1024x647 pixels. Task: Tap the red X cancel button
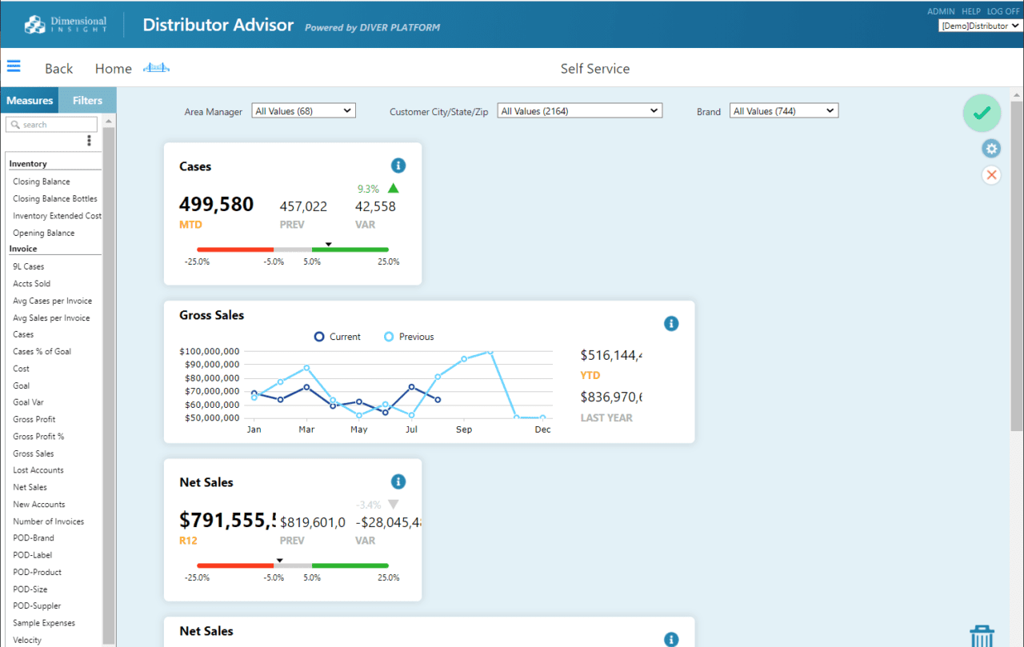click(991, 175)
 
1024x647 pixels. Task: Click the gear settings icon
click(991, 148)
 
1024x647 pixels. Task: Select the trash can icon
click(982, 637)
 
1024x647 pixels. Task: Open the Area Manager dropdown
click(303, 111)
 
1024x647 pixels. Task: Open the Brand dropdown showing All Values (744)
click(783, 111)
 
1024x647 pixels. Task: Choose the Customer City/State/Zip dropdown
click(579, 111)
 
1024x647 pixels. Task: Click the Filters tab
click(87, 101)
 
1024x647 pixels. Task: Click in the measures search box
click(53, 125)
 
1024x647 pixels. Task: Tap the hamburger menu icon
click(14, 67)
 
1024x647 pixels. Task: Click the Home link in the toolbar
click(113, 69)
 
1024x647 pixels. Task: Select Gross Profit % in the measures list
click(38, 437)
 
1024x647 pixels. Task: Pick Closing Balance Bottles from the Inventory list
click(55, 199)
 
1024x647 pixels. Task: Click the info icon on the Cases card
click(398, 166)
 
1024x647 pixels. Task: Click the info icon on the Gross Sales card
click(671, 324)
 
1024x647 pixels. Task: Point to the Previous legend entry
click(409, 337)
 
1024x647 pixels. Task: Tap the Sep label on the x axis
click(464, 429)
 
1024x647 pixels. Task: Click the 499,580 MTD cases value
click(216, 205)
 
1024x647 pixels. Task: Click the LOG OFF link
click(1003, 12)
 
